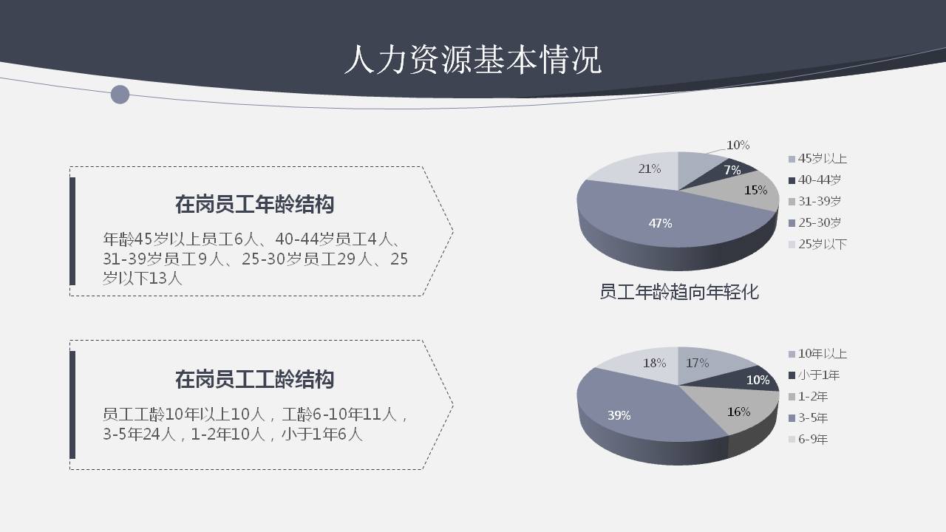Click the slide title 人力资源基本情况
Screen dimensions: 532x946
coord(473,60)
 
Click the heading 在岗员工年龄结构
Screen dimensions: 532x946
coord(254,204)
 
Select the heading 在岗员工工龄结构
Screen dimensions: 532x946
coord(254,379)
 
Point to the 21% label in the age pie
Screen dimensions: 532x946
coord(649,168)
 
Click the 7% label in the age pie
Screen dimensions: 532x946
coord(732,170)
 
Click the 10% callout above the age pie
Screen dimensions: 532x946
coord(738,145)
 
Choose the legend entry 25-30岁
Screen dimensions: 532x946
coord(819,222)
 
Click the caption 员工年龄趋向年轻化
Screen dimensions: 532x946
coord(678,292)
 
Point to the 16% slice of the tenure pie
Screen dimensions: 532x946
coord(739,412)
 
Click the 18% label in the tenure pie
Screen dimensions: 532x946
coord(654,363)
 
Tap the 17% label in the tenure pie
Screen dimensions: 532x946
coord(697,363)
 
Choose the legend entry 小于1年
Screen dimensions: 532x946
coord(818,375)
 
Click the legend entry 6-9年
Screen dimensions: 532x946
coord(812,439)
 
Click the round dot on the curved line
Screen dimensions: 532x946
coord(120,95)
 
